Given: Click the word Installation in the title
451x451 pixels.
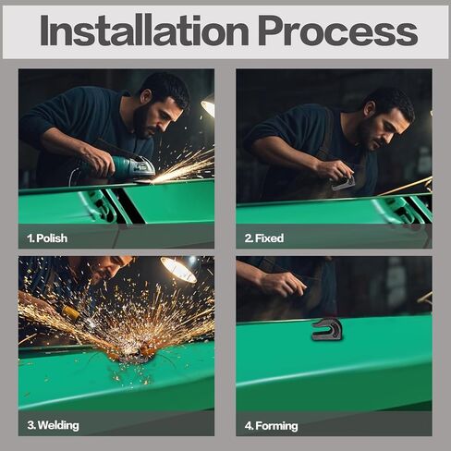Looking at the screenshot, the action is tap(144, 30).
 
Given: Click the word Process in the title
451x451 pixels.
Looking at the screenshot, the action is tap(337, 30).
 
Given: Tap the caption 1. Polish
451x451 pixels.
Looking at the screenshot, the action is tap(47, 238).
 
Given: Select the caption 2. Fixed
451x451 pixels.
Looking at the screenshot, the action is tap(264, 238).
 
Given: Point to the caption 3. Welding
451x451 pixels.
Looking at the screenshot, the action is tap(53, 425).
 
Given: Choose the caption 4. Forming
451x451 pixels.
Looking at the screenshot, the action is tap(271, 426).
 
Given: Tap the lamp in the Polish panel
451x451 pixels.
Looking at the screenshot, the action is tap(208, 107).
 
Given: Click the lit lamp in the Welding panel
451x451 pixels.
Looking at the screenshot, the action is tap(178, 269).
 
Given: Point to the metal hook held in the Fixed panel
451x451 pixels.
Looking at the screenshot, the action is tap(343, 184).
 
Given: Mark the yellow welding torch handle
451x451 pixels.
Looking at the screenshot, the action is tap(70, 313).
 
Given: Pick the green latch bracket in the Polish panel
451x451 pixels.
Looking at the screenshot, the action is tap(98, 206).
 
